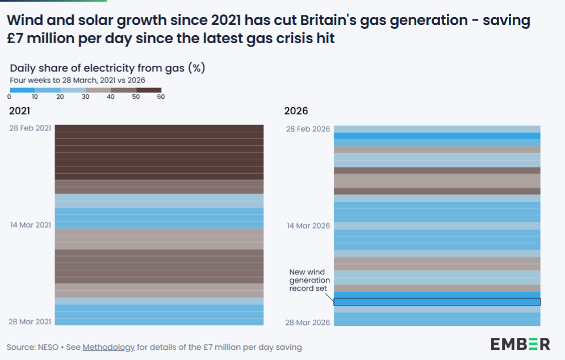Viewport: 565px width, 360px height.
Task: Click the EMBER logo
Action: click(520, 344)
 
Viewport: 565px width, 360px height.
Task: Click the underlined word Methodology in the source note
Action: click(108, 347)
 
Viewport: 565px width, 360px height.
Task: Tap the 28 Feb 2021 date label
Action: click(30, 128)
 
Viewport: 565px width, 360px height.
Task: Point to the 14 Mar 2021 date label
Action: click(30, 225)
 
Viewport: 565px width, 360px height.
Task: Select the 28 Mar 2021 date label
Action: click(30, 321)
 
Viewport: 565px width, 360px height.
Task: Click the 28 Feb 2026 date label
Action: click(307, 129)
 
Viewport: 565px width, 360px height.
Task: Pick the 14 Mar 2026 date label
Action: click(307, 225)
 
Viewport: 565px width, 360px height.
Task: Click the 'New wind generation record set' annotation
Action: click(309, 281)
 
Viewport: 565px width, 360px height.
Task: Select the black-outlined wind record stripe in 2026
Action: click(437, 302)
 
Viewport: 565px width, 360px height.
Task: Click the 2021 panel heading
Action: click(19, 111)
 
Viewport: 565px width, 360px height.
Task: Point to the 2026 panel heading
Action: click(296, 111)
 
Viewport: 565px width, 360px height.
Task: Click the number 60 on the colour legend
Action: click(161, 97)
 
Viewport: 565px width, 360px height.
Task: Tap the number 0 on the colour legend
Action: click(10, 97)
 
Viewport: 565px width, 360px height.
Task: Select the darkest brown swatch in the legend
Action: click(149, 90)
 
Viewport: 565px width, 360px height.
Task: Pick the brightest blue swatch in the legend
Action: click(22, 90)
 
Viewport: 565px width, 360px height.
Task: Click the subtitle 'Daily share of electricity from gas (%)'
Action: click(107, 69)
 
